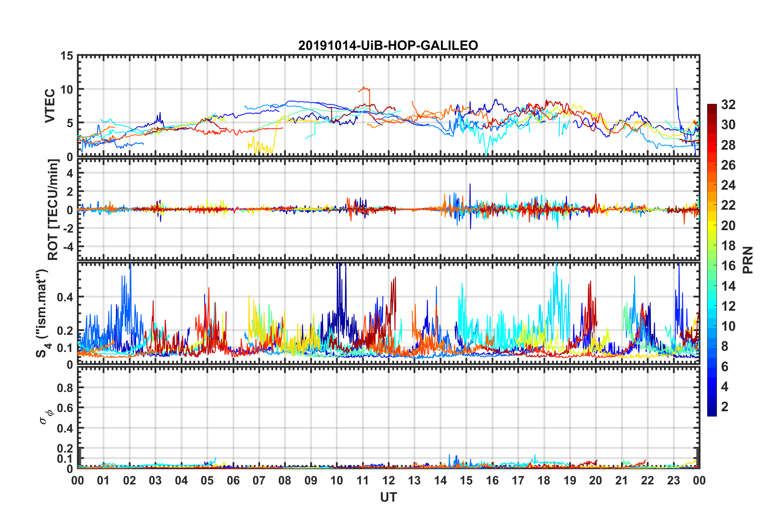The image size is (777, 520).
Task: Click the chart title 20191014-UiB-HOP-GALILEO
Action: click(x=388, y=45)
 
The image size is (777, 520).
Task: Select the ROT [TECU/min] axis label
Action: click(x=53, y=210)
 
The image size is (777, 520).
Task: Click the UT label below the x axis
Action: click(x=388, y=497)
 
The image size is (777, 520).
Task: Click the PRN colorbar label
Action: click(x=748, y=260)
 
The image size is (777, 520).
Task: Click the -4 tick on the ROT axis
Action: click(x=67, y=247)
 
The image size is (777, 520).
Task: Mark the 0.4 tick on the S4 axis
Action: click(x=65, y=297)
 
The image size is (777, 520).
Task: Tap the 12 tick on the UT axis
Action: click(x=388, y=481)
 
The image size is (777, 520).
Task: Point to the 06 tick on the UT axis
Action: click(x=233, y=481)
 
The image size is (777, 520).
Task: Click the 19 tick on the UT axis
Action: click(x=569, y=481)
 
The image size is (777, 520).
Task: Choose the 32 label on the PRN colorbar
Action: click(x=728, y=105)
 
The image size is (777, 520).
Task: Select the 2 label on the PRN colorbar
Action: click(x=725, y=407)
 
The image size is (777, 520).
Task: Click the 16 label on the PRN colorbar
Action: click(x=728, y=266)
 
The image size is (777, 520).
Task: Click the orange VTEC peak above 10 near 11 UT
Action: click(x=364, y=88)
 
